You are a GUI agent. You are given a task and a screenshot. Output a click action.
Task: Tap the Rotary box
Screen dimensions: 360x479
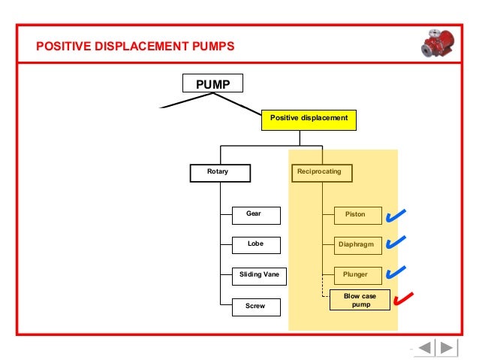click(x=218, y=172)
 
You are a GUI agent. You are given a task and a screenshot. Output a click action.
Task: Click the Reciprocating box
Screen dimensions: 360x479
click(x=320, y=172)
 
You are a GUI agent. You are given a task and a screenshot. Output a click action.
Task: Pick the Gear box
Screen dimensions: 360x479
click(x=255, y=214)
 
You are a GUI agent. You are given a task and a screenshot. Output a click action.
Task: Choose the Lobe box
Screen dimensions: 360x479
click(x=255, y=244)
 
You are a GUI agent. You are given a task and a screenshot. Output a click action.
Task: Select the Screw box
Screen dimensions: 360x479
click(x=255, y=306)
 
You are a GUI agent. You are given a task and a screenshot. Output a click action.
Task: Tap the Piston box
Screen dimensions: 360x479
click(x=355, y=214)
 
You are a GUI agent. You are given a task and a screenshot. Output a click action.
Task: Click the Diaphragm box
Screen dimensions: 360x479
click(x=355, y=244)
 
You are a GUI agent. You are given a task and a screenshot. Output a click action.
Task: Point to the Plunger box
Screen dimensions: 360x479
click(x=355, y=274)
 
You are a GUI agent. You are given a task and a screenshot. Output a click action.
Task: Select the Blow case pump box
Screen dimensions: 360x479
click(x=360, y=301)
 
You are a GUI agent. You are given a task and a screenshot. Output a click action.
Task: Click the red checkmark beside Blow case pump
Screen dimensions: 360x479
click(x=403, y=299)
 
